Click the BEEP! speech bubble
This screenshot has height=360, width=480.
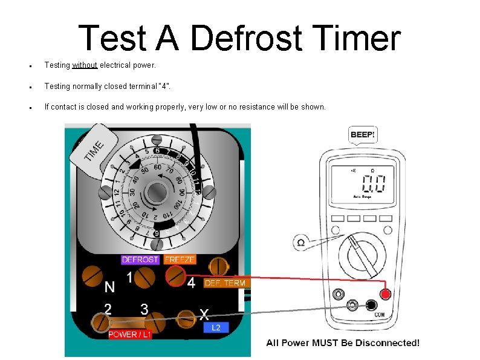click(363, 134)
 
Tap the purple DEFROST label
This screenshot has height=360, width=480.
click(140, 260)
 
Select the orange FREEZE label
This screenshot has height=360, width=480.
click(180, 260)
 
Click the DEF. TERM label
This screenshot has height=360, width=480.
click(225, 283)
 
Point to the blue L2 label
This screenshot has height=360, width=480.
click(216, 327)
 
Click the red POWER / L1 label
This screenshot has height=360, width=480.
click(130, 335)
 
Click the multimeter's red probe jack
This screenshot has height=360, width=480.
click(385, 294)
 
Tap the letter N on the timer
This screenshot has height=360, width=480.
click(110, 286)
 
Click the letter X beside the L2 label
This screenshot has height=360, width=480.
click(205, 314)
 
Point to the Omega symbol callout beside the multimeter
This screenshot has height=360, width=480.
click(301, 242)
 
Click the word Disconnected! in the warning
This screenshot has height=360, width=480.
click(387, 343)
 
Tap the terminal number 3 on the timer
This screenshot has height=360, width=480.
click(144, 309)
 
